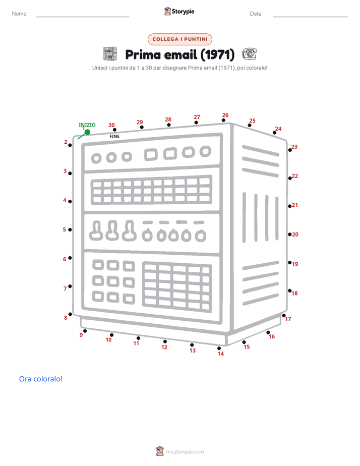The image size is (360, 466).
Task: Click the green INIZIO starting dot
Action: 87,132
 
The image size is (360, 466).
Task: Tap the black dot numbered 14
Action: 219,348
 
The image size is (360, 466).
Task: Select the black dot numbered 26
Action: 223,121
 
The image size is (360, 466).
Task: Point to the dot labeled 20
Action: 289,235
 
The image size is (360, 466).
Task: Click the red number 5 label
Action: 65,230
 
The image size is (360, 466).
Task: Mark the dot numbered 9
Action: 85,331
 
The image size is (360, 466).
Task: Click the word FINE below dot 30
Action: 114,136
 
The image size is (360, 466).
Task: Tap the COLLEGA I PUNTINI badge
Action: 180,39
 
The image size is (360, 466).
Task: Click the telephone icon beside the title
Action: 250,54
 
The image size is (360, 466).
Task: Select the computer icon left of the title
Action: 110,54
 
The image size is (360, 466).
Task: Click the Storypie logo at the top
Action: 179,11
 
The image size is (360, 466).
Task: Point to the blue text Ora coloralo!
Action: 41,379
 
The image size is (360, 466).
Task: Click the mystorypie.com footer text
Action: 185,452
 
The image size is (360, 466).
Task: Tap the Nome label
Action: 20,14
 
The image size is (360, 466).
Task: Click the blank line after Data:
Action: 311,17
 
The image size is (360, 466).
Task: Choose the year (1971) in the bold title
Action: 217,54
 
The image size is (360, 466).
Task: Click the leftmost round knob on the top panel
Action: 96,158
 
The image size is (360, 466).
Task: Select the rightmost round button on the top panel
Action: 205,151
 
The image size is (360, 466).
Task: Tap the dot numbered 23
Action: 290,150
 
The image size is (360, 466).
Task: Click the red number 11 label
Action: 136,343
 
